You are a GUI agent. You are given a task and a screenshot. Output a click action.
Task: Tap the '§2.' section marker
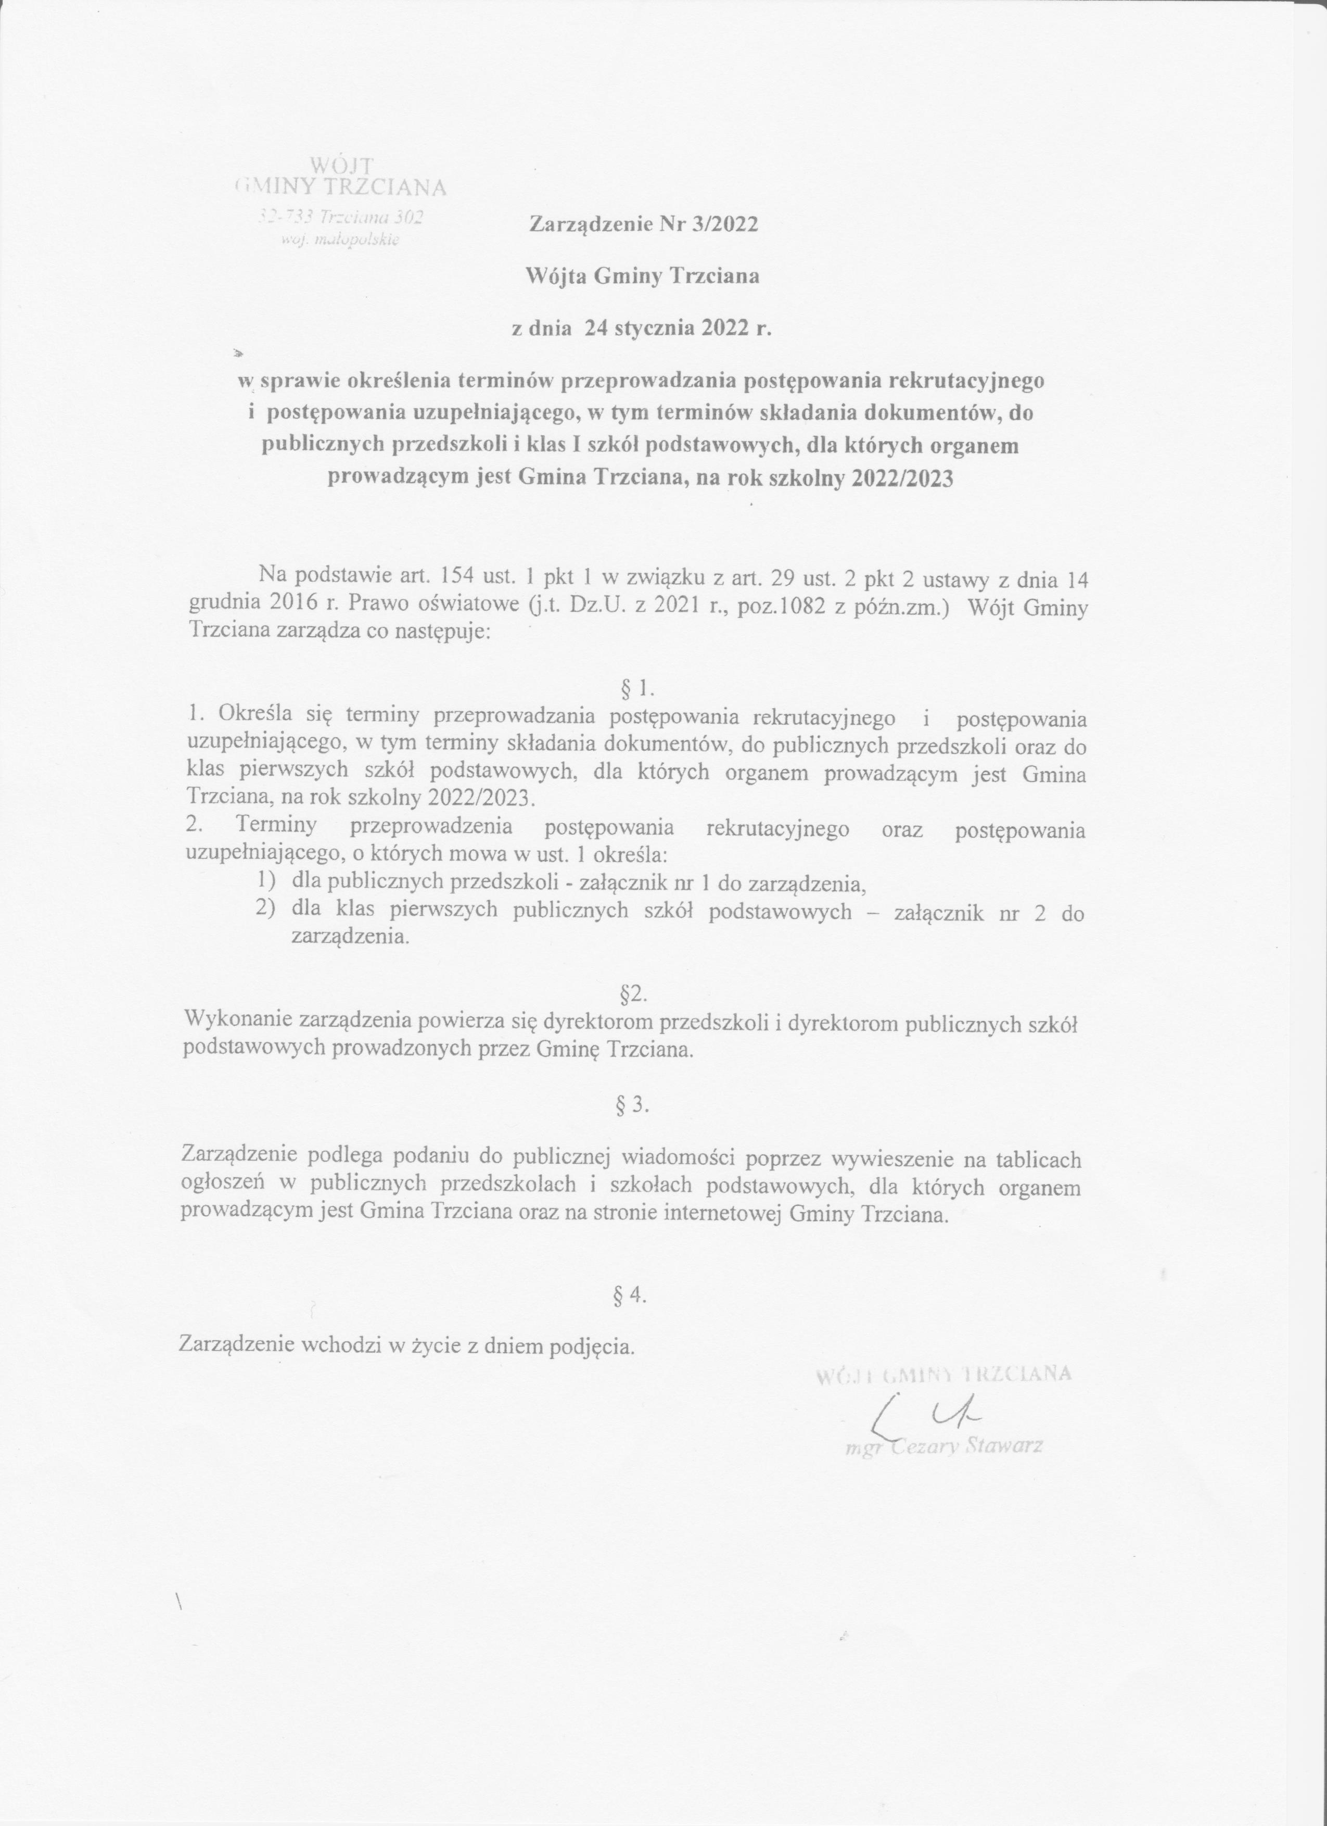coord(634,995)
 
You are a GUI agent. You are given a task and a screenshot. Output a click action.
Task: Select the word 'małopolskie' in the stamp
coord(354,240)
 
